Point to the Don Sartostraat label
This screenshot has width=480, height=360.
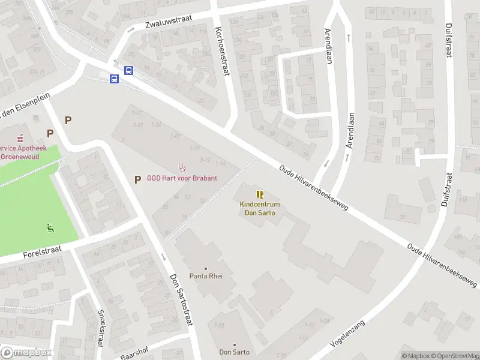[x=181, y=300]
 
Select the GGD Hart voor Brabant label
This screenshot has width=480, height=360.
[x=182, y=178]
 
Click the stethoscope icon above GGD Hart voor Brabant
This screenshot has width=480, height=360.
[x=182, y=168]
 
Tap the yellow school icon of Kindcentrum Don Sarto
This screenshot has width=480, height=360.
[x=260, y=194]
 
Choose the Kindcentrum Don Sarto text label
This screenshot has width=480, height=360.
[x=260, y=209]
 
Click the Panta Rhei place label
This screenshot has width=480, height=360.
[x=206, y=276]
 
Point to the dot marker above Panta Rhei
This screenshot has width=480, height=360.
[x=206, y=268]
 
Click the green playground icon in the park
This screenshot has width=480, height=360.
[x=50, y=227]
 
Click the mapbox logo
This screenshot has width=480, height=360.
[x=26, y=353]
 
